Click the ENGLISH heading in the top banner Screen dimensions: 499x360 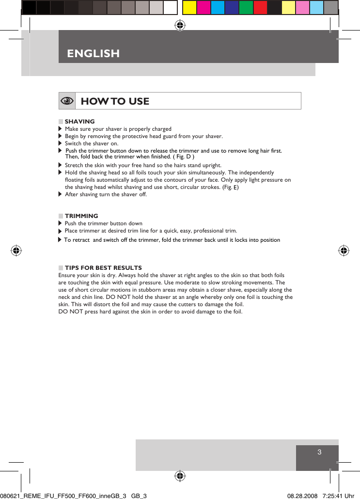coord(93,53)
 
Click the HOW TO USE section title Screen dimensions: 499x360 coord(115,101)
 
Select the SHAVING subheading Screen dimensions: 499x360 coord(80,122)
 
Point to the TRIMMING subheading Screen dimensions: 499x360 coord(81,216)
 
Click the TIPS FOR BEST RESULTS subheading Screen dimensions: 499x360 coord(103,268)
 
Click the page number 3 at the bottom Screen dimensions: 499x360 coord(319,452)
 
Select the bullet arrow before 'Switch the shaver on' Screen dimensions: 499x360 coord(60,143)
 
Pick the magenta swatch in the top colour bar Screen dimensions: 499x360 coord(203,7)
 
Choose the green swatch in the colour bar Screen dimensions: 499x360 coord(246,7)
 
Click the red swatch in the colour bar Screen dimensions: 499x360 coord(260,7)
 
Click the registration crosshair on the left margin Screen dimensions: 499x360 coord(16,250)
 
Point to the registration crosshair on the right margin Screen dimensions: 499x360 coord(343,250)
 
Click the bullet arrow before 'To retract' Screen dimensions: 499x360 coord(60,240)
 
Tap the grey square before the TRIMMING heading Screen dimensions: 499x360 coord(61,216)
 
